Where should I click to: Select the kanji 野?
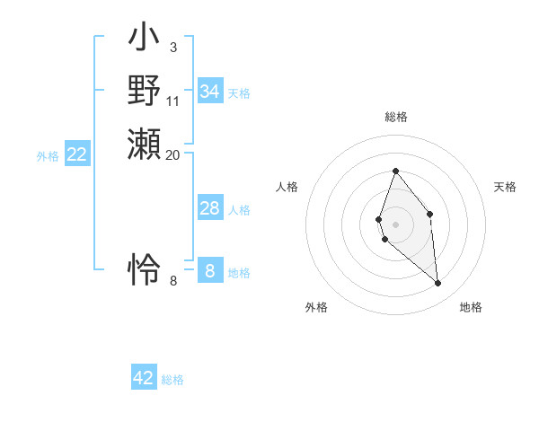[145, 92]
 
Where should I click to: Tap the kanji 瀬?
[145, 145]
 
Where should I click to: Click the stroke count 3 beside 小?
[172, 48]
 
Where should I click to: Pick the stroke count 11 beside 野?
[173, 101]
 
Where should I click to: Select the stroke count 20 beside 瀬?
[173, 154]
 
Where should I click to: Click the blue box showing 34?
[210, 91]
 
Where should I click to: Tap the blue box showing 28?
[210, 208]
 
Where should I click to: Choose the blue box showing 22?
[77, 154]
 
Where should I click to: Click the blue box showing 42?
[144, 378]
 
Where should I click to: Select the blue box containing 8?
[210, 270]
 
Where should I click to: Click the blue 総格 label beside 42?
[172, 380]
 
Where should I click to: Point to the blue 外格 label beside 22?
[48, 156]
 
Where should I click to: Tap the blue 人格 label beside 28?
[239, 210]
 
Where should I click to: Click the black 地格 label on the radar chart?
[471, 308]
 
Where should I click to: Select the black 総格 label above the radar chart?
[396, 117]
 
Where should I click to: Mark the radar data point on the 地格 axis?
[438, 284]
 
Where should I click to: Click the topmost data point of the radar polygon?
[395, 171]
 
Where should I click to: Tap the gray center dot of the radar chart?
[395, 224]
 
